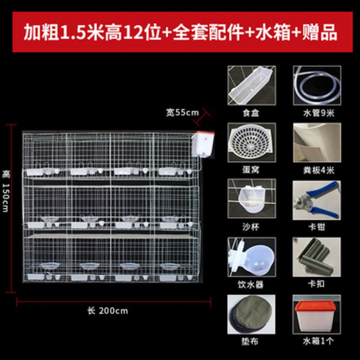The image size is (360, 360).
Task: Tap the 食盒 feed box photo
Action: pyautogui.click(x=252, y=85)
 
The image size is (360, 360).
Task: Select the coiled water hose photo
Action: pyautogui.click(x=317, y=85)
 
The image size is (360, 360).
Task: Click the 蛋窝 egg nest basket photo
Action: pyautogui.click(x=252, y=142)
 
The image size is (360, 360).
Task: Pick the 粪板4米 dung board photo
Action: pyautogui.click(x=317, y=142)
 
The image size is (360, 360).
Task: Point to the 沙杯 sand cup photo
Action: pyautogui.click(x=252, y=198)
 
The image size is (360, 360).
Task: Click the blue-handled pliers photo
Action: pyautogui.click(x=317, y=200)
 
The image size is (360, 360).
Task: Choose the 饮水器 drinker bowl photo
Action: pyautogui.click(x=252, y=257)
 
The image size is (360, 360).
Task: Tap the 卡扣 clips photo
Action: pyautogui.click(x=317, y=257)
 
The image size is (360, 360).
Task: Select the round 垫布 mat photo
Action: pyautogui.click(x=252, y=314)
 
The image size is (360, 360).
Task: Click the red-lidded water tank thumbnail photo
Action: pyautogui.click(x=317, y=314)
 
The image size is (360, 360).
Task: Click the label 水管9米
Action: pyautogui.click(x=319, y=113)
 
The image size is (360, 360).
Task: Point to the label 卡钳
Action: pyautogui.click(x=317, y=227)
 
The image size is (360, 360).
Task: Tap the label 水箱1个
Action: pyautogui.click(x=318, y=341)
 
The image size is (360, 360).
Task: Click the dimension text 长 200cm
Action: pyautogui.click(x=108, y=311)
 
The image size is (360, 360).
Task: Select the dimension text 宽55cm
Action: pyautogui.click(x=183, y=112)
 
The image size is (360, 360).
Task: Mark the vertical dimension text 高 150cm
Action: pyautogui.click(x=5, y=191)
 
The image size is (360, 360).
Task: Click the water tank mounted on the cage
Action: pyautogui.click(x=203, y=144)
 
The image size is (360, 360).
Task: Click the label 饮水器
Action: pyautogui.click(x=251, y=285)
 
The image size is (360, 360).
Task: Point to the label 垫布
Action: pyautogui.click(x=250, y=342)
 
